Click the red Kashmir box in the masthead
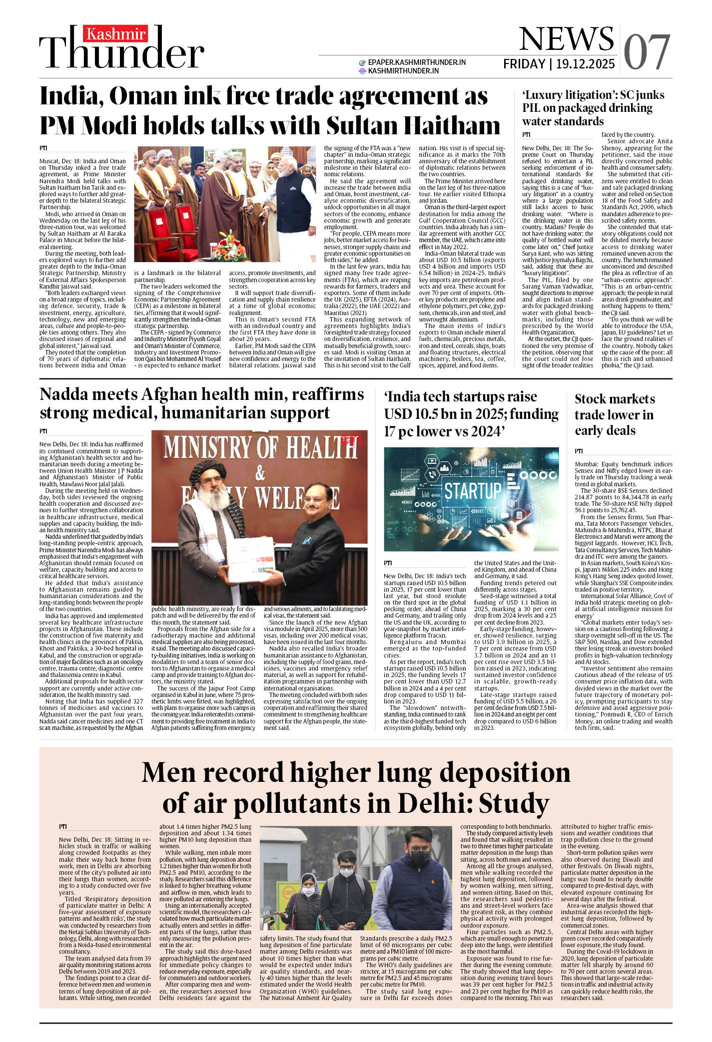tap(116, 34)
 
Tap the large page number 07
tap(647, 52)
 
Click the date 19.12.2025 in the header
tap(585, 64)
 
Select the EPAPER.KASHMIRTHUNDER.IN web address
tap(417, 62)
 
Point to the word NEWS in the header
tap(566, 38)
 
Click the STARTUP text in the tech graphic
tap(472, 490)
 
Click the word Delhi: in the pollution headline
tap(434, 803)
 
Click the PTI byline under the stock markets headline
tap(579, 451)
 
